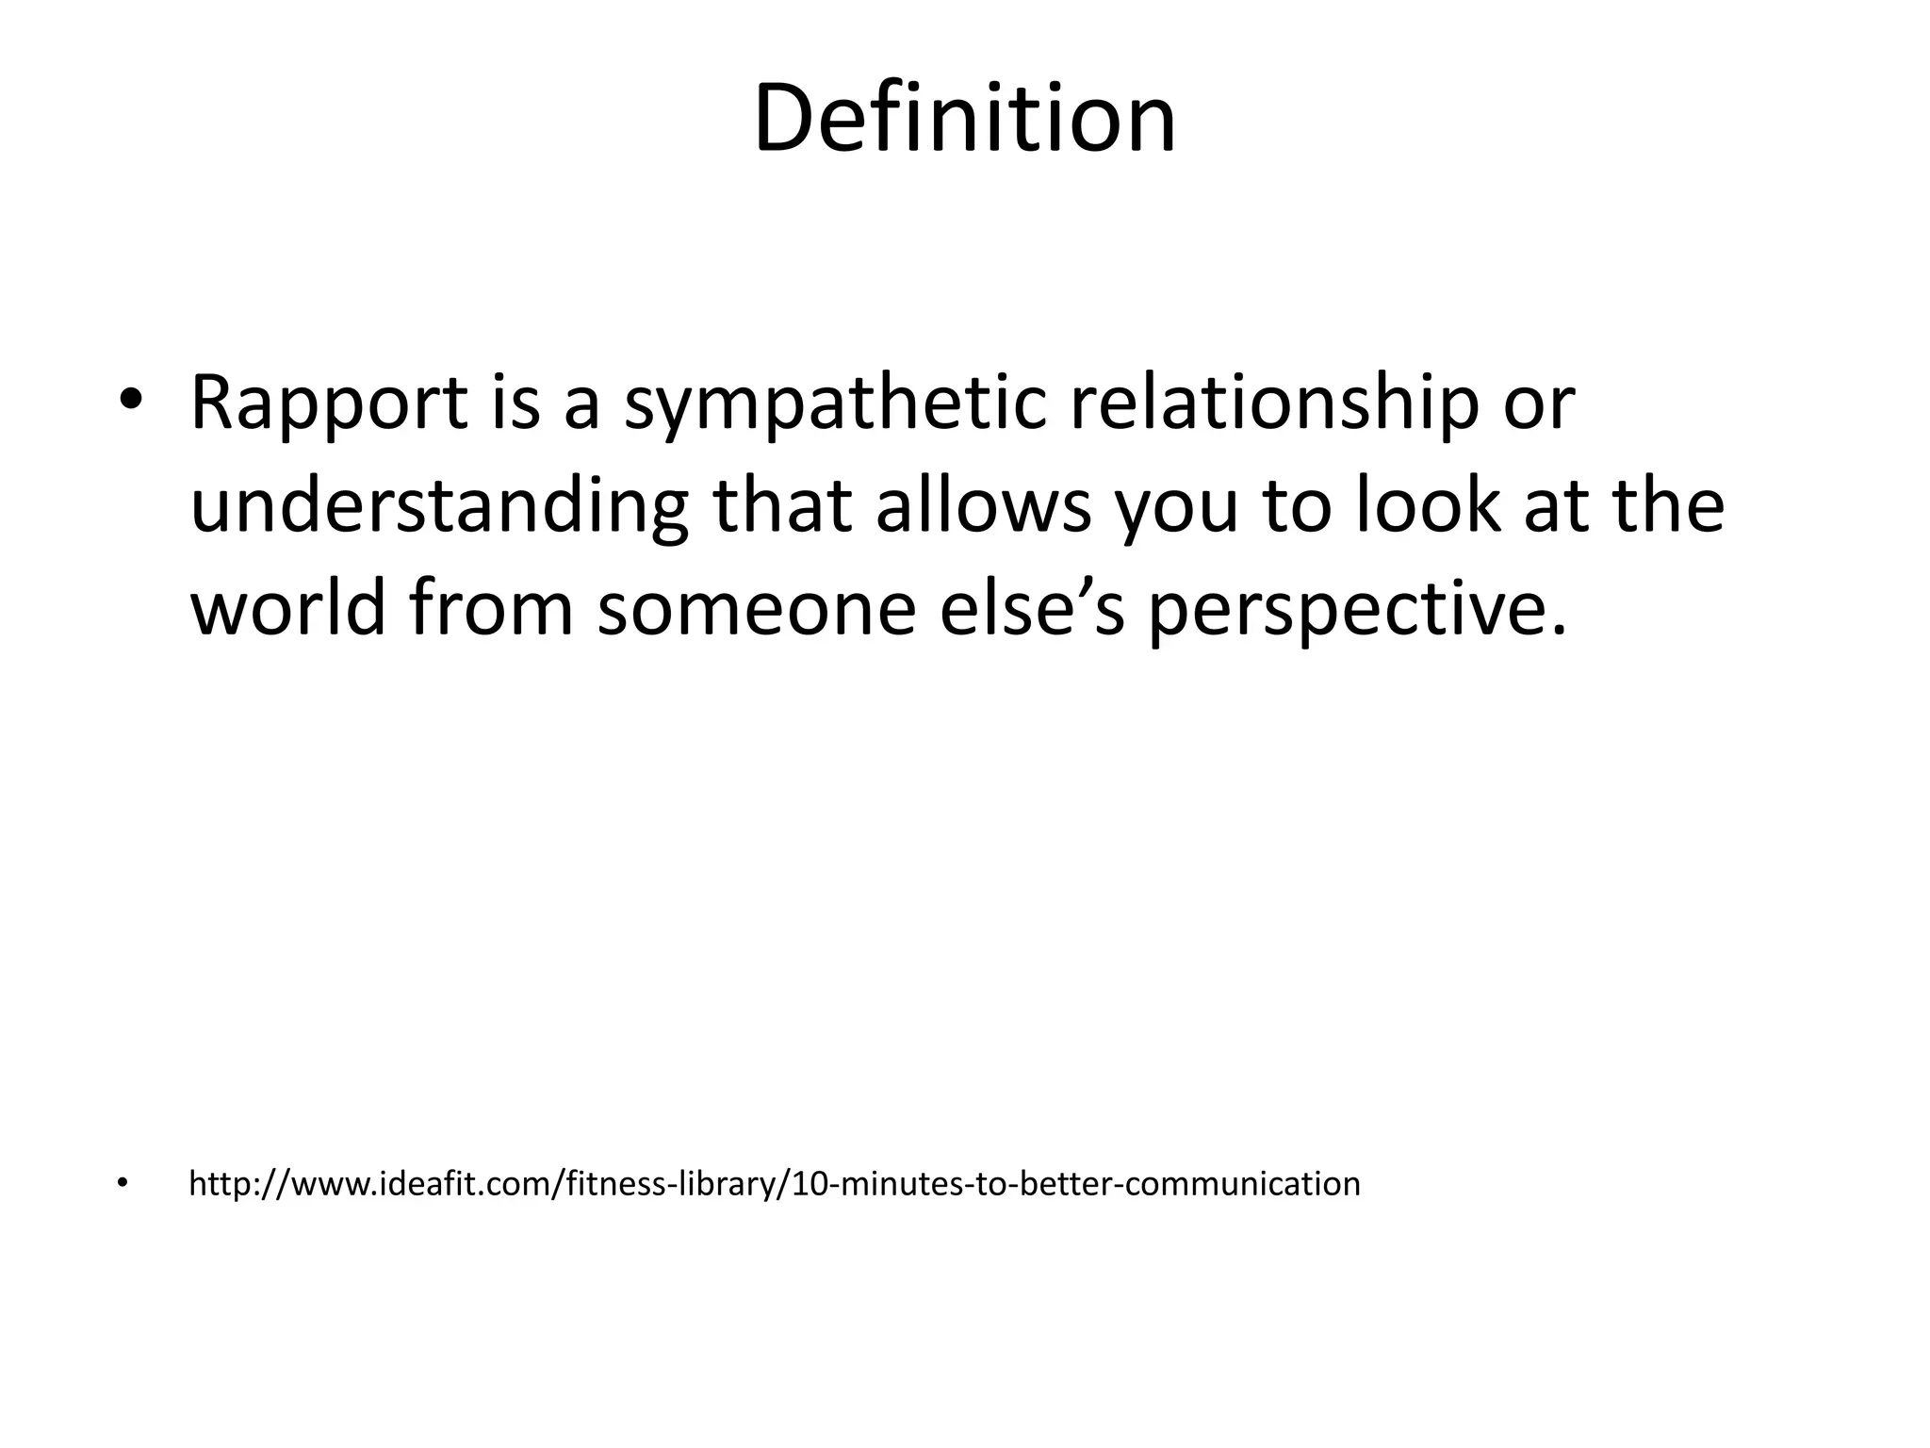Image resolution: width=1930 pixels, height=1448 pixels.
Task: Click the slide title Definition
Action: (x=964, y=120)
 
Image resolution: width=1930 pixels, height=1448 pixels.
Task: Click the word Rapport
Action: (x=328, y=403)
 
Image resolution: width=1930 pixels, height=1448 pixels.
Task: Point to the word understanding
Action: (x=439, y=506)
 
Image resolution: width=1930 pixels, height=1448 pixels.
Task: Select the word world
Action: (x=288, y=608)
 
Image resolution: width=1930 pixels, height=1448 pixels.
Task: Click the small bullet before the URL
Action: (x=121, y=1183)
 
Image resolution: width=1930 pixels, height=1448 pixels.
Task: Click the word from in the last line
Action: (x=491, y=608)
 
